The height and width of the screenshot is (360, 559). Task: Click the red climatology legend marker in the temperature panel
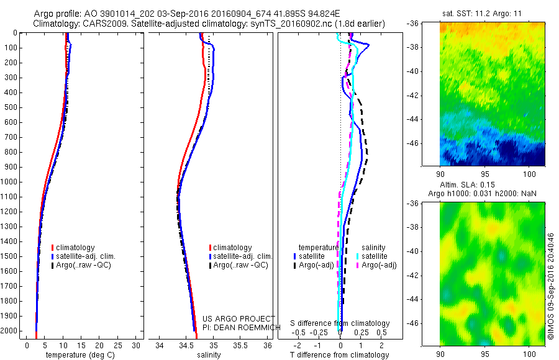click(53, 248)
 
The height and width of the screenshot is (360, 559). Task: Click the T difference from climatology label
click(340, 355)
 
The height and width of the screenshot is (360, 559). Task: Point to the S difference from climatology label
click(340, 323)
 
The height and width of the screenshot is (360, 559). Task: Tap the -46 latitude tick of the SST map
click(412, 143)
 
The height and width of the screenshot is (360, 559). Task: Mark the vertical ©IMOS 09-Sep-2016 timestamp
click(550, 286)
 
